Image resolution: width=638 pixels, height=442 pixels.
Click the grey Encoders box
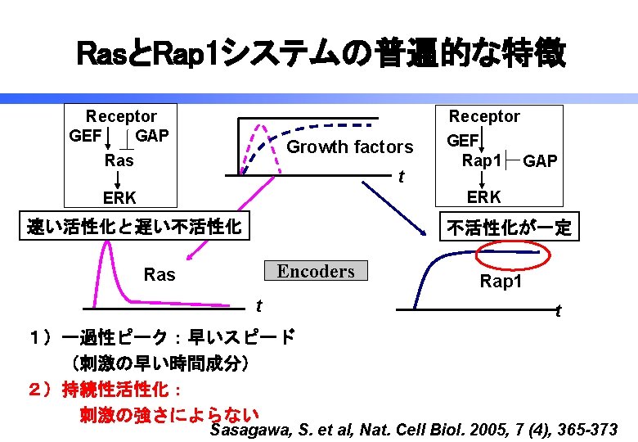(316, 271)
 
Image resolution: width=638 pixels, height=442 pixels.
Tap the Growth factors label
(350, 147)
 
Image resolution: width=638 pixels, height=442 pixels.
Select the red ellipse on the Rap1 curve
(514, 257)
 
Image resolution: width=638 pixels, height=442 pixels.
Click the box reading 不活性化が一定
(510, 228)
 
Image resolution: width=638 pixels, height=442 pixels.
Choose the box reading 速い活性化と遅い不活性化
(134, 227)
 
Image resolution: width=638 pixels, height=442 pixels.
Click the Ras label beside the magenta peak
(159, 275)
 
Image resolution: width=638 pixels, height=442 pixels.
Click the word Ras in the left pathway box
(119, 160)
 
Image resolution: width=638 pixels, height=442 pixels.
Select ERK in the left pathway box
(119, 197)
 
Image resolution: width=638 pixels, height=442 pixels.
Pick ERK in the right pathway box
(483, 197)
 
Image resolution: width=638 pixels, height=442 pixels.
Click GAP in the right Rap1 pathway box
(540, 161)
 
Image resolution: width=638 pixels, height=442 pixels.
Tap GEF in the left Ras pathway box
(86, 135)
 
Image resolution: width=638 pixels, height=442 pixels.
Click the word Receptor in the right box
(484, 116)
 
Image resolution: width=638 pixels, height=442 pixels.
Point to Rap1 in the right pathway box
(481, 160)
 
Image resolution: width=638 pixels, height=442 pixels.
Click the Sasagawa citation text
(414, 430)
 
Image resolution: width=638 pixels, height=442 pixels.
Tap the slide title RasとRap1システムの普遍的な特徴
(319, 54)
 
